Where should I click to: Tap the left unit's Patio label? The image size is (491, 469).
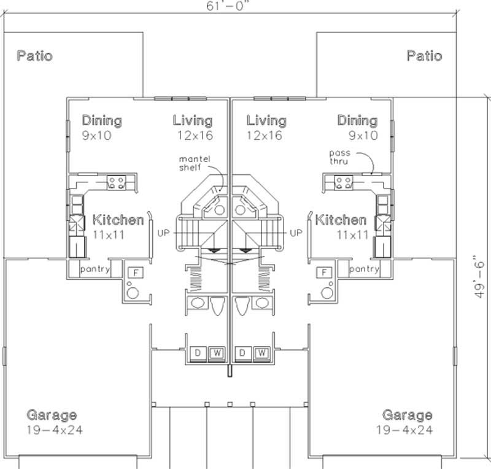click(34, 56)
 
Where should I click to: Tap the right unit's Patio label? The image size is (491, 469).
click(424, 56)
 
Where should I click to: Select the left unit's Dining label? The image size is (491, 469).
click(102, 120)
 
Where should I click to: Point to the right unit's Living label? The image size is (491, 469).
click(266, 120)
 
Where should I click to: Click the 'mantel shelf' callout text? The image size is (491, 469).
click(195, 163)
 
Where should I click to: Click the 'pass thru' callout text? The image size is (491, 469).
click(339, 157)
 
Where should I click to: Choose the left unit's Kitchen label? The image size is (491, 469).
click(118, 220)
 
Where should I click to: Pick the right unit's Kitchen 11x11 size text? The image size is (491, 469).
click(352, 234)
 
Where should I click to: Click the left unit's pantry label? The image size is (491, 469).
click(95, 269)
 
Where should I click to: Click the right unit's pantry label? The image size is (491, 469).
click(364, 269)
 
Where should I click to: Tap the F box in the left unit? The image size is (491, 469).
click(133, 272)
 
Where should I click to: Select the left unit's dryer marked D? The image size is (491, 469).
click(198, 353)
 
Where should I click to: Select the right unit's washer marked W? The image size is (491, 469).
click(260, 353)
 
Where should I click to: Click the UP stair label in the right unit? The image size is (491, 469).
click(296, 233)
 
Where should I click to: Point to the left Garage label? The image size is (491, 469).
click(52, 415)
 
